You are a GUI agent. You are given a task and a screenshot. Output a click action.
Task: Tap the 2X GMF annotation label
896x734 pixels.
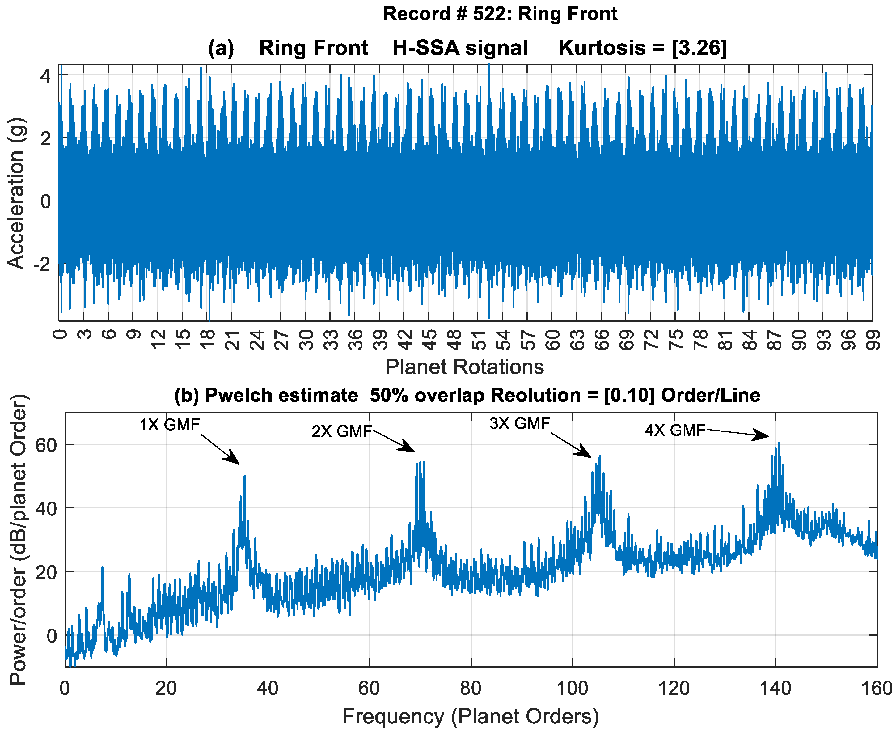(342, 431)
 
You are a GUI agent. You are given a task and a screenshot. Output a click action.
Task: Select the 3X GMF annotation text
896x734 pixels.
(519, 423)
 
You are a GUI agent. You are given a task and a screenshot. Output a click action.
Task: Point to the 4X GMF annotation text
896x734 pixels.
(675, 431)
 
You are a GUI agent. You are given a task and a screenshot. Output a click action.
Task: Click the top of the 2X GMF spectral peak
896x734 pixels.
(424, 462)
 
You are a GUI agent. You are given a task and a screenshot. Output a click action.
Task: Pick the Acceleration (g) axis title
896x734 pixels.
(16, 193)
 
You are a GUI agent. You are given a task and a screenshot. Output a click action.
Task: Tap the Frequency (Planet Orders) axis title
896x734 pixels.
(470, 717)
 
